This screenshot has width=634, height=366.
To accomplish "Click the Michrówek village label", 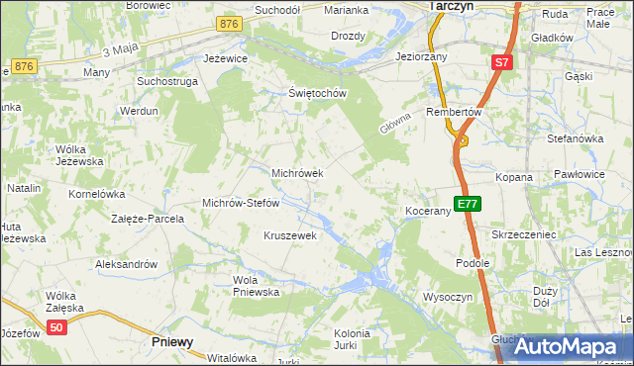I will tap(298, 173).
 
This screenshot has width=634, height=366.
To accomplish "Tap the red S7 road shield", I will tap(502, 63).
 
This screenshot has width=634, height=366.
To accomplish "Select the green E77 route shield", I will tap(468, 205).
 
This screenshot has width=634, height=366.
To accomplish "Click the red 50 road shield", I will tap(56, 328).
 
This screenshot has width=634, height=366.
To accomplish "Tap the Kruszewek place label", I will tap(289, 236).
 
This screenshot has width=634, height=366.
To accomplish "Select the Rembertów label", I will tap(454, 113).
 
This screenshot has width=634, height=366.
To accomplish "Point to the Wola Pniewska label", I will tap(256, 286).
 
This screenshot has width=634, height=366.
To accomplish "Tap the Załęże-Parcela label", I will tap(148, 219).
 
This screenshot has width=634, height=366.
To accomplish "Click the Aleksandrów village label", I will tap(126, 265).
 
